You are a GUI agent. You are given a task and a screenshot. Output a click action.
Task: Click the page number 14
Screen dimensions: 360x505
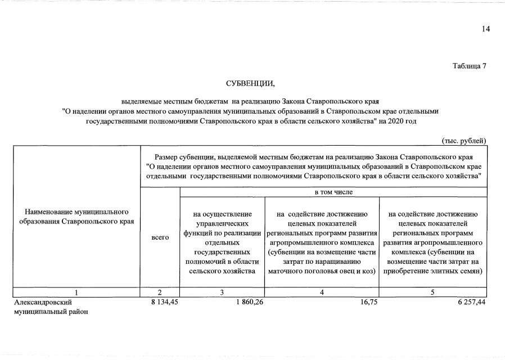(x=485, y=30)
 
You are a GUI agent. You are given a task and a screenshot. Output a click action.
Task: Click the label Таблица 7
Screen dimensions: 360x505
(x=469, y=66)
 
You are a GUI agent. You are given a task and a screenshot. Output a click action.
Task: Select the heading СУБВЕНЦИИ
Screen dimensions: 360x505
(x=250, y=84)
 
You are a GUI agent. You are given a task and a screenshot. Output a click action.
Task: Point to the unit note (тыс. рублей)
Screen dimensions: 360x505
(x=464, y=140)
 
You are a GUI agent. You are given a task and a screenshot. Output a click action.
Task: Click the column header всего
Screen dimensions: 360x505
(x=160, y=238)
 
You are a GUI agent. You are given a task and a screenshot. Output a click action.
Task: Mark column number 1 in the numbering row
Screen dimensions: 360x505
(x=76, y=292)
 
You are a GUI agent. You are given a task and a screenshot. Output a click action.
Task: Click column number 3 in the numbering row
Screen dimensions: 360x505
(x=222, y=292)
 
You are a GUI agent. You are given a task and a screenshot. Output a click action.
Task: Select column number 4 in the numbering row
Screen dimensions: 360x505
(x=322, y=292)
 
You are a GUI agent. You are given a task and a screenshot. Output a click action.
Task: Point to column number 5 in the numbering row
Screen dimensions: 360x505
(x=432, y=292)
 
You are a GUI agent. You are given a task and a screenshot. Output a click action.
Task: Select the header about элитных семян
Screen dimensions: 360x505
(x=433, y=242)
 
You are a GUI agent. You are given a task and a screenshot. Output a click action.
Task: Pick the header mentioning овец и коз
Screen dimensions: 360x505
(x=322, y=242)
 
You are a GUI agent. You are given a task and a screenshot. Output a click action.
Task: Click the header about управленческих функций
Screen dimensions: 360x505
(x=222, y=242)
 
